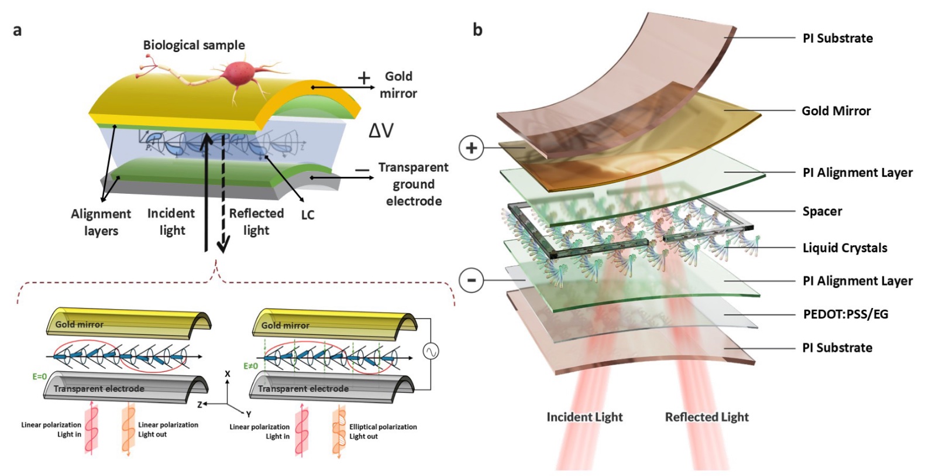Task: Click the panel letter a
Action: tap(17, 30)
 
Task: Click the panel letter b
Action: tap(477, 30)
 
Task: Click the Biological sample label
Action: tap(194, 45)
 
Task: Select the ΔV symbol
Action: tap(381, 131)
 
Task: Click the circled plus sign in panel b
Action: tap(472, 148)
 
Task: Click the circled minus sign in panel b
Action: tap(472, 280)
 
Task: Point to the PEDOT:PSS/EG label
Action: tap(846, 314)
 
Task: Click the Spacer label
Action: tap(823, 211)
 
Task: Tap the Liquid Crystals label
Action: tap(845, 248)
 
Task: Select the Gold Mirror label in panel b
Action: tap(836, 111)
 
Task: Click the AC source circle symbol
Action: tap(431, 351)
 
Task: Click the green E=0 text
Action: tap(40, 376)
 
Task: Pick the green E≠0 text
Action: tap(251, 367)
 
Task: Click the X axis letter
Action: tap(228, 374)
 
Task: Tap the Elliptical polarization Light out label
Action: tap(383, 432)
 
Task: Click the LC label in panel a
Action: tap(308, 215)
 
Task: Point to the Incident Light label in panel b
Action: tap(584, 417)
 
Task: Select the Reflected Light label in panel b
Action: tap(707, 417)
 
